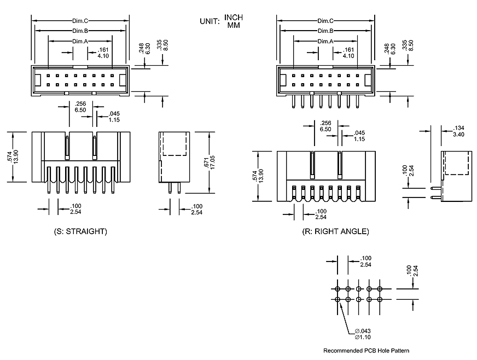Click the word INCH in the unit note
[x=234, y=18]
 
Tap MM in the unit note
[x=234, y=25]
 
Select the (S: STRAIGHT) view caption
[x=80, y=231]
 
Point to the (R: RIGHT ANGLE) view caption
[x=335, y=231]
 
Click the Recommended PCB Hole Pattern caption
[x=366, y=351]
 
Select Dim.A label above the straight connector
[x=80, y=41]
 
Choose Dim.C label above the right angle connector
[x=325, y=21]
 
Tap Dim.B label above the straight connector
[x=80, y=31]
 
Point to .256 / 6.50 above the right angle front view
[x=325, y=126]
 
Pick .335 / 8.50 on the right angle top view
[x=408, y=46]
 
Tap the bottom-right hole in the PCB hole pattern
[x=380, y=299]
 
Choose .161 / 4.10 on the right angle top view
[x=348, y=53]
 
